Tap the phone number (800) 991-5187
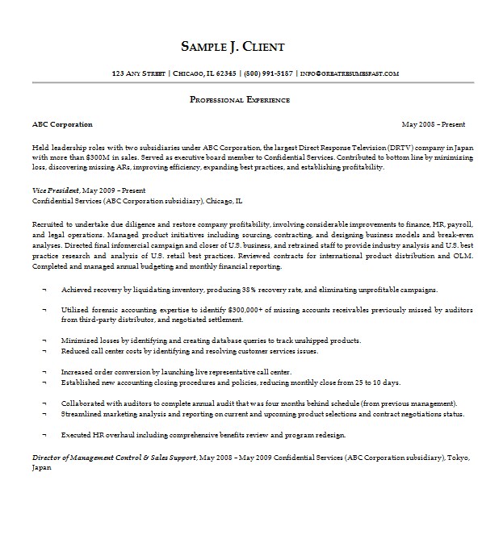pos(267,73)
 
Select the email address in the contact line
pos(349,73)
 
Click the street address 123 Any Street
pos(139,73)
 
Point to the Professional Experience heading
pos(239,100)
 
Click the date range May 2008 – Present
pos(433,125)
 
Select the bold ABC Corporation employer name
pos(62,125)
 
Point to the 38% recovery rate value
pos(249,289)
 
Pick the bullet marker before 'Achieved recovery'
pos(44,289)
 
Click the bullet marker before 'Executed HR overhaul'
pos(44,435)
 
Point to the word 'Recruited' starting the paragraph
pos(48,222)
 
